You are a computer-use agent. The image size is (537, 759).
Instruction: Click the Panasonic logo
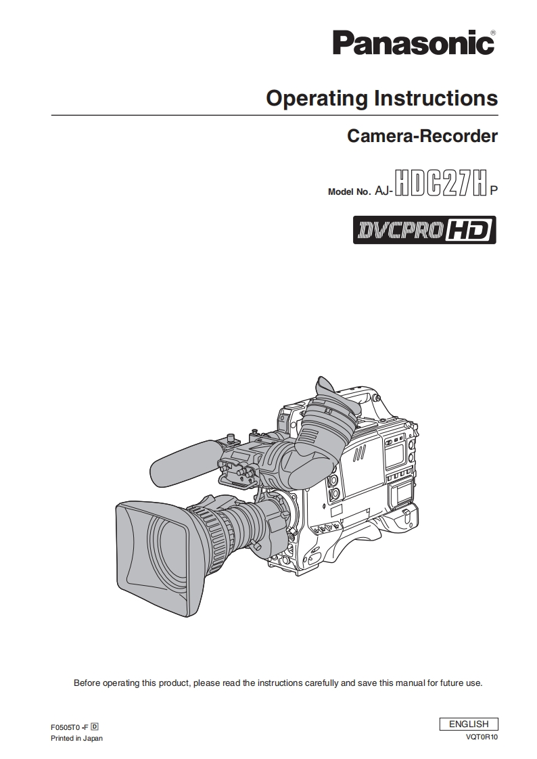point(413,43)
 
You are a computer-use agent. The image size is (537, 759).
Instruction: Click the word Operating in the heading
point(317,99)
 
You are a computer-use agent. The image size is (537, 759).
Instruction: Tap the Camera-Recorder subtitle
point(422,136)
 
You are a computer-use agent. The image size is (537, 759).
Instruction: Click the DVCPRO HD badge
point(424,230)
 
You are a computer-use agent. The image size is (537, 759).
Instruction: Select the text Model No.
point(349,191)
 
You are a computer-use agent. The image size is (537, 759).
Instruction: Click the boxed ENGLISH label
point(469,724)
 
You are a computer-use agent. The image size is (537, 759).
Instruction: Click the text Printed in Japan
point(76,738)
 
